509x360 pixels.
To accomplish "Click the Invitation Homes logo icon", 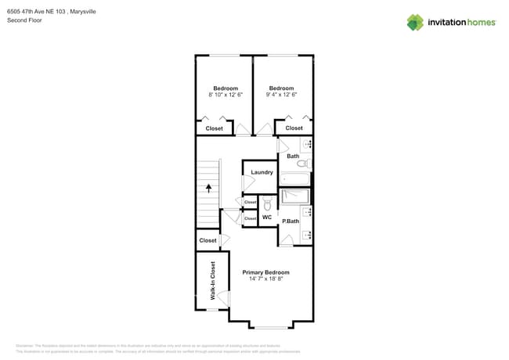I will click(x=415, y=22).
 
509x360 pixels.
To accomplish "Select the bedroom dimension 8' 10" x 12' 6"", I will click(x=226, y=95).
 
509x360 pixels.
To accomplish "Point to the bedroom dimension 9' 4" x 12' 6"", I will click(x=281, y=95).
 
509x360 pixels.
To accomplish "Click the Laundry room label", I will click(x=262, y=172).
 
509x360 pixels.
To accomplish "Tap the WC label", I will click(x=267, y=217).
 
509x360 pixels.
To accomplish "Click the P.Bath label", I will click(x=291, y=221).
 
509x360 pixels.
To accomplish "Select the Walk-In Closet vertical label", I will click(x=212, y=282).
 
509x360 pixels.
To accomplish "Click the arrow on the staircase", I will click(x=209, y=187).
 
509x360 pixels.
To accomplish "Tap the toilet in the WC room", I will click(x=267, y=205).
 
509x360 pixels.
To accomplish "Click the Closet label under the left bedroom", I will click(x=214, y=128).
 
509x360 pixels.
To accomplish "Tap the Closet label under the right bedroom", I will click(x=294, y=128).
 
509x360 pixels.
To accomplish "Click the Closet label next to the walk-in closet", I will click(x=208, y=240).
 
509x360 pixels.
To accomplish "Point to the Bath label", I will click(x=292, y=157).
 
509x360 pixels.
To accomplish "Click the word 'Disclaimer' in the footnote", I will click(x=24, y=345).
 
